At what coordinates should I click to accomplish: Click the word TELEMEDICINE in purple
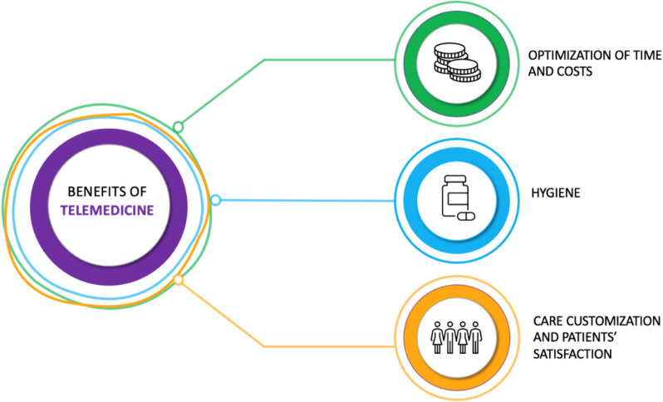point(107,210)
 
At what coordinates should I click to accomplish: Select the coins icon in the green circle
point(457,62)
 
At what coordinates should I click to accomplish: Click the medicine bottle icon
point(455,196)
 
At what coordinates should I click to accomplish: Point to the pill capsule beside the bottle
point(466,217)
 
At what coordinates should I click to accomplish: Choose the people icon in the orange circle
point(457,337)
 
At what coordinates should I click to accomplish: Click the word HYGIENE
point(556,194)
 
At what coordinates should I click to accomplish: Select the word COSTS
point(575,71)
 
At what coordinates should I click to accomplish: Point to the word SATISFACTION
point(572,354)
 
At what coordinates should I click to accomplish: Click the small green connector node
point(179,126)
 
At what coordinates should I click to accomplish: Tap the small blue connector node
point(216,200)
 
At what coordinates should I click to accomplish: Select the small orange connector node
point(179,279)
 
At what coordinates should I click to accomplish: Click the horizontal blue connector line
point(307,200)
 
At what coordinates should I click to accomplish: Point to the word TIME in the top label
point(646,56)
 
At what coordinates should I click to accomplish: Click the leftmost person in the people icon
point(437,337)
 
